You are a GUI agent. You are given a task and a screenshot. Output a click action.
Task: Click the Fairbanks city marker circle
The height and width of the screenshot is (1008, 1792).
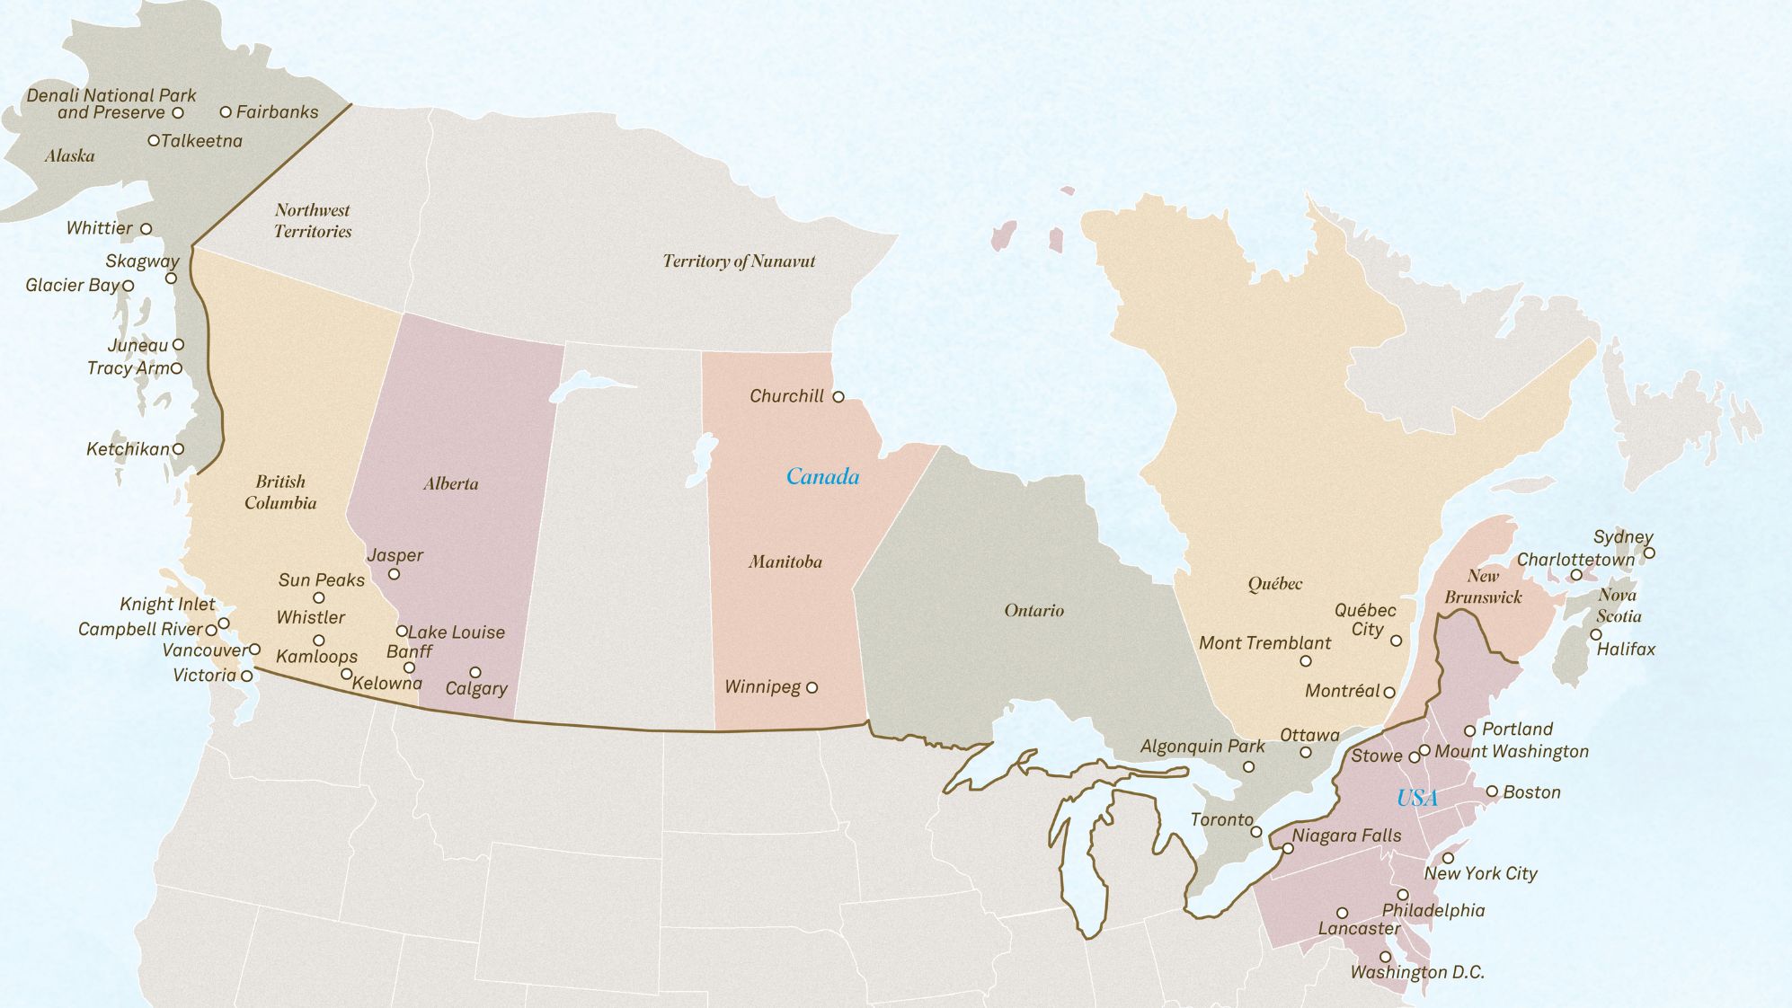226,112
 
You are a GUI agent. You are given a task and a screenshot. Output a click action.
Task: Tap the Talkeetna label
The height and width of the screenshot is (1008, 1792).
201,141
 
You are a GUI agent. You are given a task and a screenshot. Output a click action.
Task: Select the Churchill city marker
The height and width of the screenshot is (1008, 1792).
838,396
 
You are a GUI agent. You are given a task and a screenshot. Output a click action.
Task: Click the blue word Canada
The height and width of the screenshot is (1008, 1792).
822,477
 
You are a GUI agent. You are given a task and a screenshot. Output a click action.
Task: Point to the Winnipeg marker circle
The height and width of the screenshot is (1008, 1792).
812,687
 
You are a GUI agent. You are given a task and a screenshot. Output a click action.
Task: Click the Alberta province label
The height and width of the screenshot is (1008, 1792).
450,484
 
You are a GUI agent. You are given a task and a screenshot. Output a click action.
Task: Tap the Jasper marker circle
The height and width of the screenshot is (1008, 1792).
394,574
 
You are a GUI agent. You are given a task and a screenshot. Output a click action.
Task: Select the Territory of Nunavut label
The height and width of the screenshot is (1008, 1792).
739,261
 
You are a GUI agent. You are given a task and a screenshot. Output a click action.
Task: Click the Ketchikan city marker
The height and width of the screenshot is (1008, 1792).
178,448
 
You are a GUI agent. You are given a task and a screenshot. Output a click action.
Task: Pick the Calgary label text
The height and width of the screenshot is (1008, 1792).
476,689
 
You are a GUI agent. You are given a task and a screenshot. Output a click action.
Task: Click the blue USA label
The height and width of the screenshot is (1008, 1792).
1416,798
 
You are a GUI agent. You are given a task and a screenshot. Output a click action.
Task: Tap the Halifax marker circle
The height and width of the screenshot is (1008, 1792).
1596,634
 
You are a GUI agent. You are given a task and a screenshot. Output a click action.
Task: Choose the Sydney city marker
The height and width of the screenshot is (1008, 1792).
1649,553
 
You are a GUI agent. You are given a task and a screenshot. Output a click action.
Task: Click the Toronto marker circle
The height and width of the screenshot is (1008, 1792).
1256,832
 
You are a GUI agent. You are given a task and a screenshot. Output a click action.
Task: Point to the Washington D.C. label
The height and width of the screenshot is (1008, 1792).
1417,972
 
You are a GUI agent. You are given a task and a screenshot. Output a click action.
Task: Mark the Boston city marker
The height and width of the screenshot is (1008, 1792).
1492,791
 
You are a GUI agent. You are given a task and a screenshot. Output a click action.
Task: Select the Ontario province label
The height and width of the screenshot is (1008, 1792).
1034,611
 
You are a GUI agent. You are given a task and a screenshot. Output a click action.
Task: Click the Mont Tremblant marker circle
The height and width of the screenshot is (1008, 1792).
1306,661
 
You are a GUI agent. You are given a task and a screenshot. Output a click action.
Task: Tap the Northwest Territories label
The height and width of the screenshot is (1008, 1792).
313,221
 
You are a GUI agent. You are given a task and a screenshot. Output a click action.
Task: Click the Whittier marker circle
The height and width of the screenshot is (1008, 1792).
146,229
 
